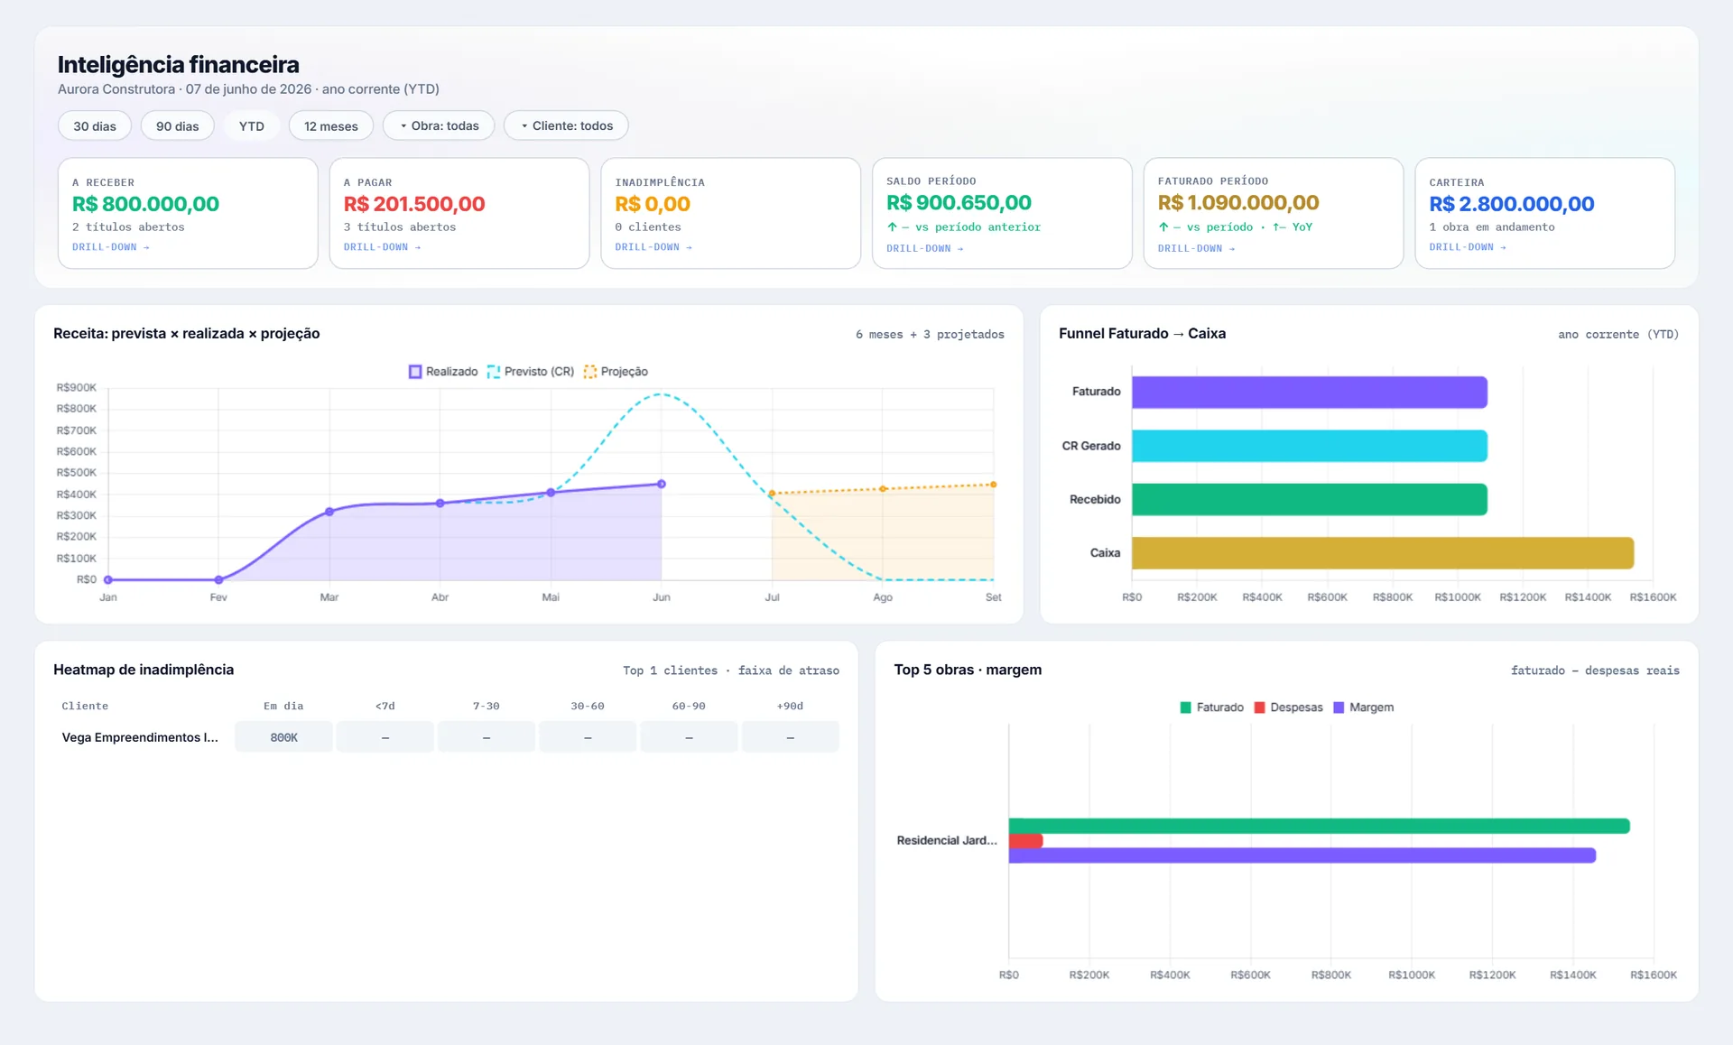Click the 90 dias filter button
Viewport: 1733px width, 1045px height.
pos(177,126)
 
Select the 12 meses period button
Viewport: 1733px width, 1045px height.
pos(331,126)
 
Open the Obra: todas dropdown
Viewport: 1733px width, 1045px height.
pos(439,125)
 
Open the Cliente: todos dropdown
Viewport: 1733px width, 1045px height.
pos(566,125)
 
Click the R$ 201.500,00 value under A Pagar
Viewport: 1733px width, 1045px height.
pos(414,204)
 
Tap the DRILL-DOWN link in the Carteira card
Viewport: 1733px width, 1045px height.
pos(1468,247)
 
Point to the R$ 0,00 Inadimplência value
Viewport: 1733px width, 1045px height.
pos(653,204)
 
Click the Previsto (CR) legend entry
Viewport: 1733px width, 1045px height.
pos(531,372)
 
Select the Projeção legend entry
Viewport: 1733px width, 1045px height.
pos(616,372)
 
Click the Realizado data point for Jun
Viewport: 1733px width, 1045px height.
pos(662,485)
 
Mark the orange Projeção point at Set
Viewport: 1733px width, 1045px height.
pos(994,485)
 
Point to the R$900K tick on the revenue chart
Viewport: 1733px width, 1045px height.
pos(77,388)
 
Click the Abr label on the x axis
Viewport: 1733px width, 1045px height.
pos(440,597)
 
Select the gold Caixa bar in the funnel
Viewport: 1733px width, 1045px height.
pos(1383,553)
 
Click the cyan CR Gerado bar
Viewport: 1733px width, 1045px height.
pos(1310,446)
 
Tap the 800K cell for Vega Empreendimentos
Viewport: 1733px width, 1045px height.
pos(284,737)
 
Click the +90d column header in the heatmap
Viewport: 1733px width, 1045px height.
pos(790,706)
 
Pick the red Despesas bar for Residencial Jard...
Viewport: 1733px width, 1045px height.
pos(1026,841)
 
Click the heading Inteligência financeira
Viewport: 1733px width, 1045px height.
pos(179,65)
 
